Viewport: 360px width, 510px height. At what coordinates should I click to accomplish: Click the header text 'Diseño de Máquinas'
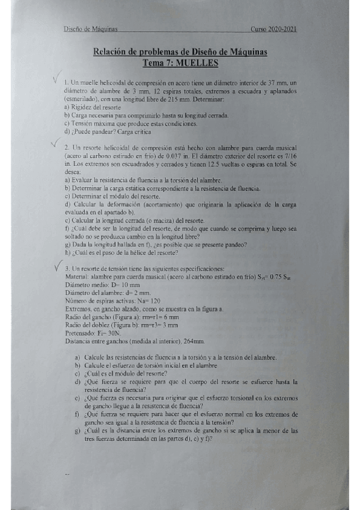(x=90, y=29)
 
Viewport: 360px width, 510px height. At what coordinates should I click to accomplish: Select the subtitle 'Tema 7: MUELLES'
(x=180, y=62)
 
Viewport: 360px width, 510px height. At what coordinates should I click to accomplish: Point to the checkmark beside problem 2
(x=56, y=142)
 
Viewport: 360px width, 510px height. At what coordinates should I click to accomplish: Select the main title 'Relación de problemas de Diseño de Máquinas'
(x=180, y=52)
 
